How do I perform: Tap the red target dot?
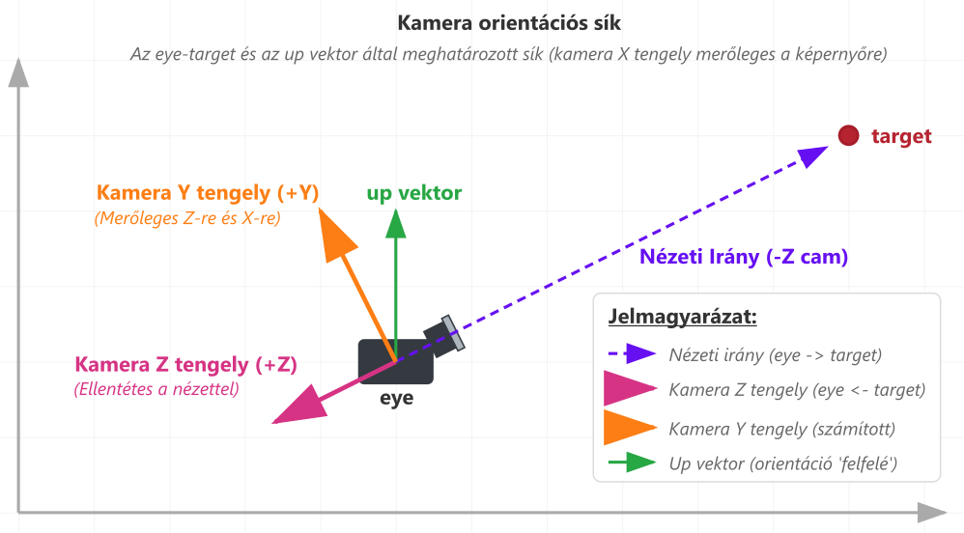tap(848, 136)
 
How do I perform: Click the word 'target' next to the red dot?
tap(901, 136)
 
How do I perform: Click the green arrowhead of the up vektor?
tap(395, 223)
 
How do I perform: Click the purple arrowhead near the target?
tap(814, 155)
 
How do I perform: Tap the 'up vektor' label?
tap(414, 193)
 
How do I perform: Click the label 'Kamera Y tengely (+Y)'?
tap(208, 193)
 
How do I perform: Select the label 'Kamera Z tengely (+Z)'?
tap(185, 365)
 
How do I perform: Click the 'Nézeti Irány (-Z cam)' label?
tap(744, 257)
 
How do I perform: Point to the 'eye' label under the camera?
tap(396, 397)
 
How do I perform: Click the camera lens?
tap(452, 332)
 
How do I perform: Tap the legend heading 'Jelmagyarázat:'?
tap(683, 317)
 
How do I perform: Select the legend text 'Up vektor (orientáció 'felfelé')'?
tap(783, 463)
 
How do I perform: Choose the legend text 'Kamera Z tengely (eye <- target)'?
tap(797, 390)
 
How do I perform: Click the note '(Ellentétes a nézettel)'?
tap(156, 390)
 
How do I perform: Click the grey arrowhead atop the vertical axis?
tap(17, 72)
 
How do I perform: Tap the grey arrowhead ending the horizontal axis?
tap(932, 512)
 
